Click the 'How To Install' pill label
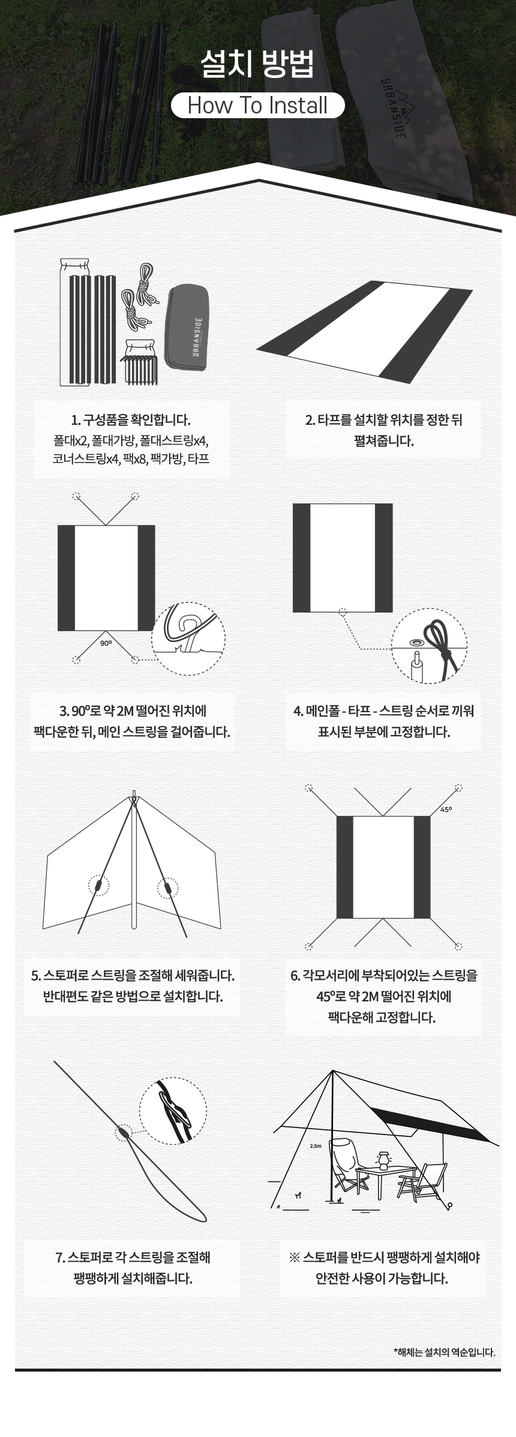click(x=258, y=106)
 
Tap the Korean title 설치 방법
click(x=257, y=64)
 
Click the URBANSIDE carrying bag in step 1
click(x=187, y=328)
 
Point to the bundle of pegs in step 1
click(x=140, y=368)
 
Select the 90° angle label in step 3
click(x=106, y=643)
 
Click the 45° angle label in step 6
click(x=446, y=809)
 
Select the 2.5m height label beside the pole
click(x=316, y=1145)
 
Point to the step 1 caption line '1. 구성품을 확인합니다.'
click(x=131, y=420)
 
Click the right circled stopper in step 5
click(x=168, y=888)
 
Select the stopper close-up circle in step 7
click(x=173, y=1111)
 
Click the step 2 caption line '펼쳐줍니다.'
click(x=384, y=441)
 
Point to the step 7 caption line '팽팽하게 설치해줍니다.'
click(x=133, y=1279)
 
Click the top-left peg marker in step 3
click(x=76, y=496)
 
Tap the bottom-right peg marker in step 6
click(x=459, y=947)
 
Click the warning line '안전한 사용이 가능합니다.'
click(x=382, y=1279)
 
